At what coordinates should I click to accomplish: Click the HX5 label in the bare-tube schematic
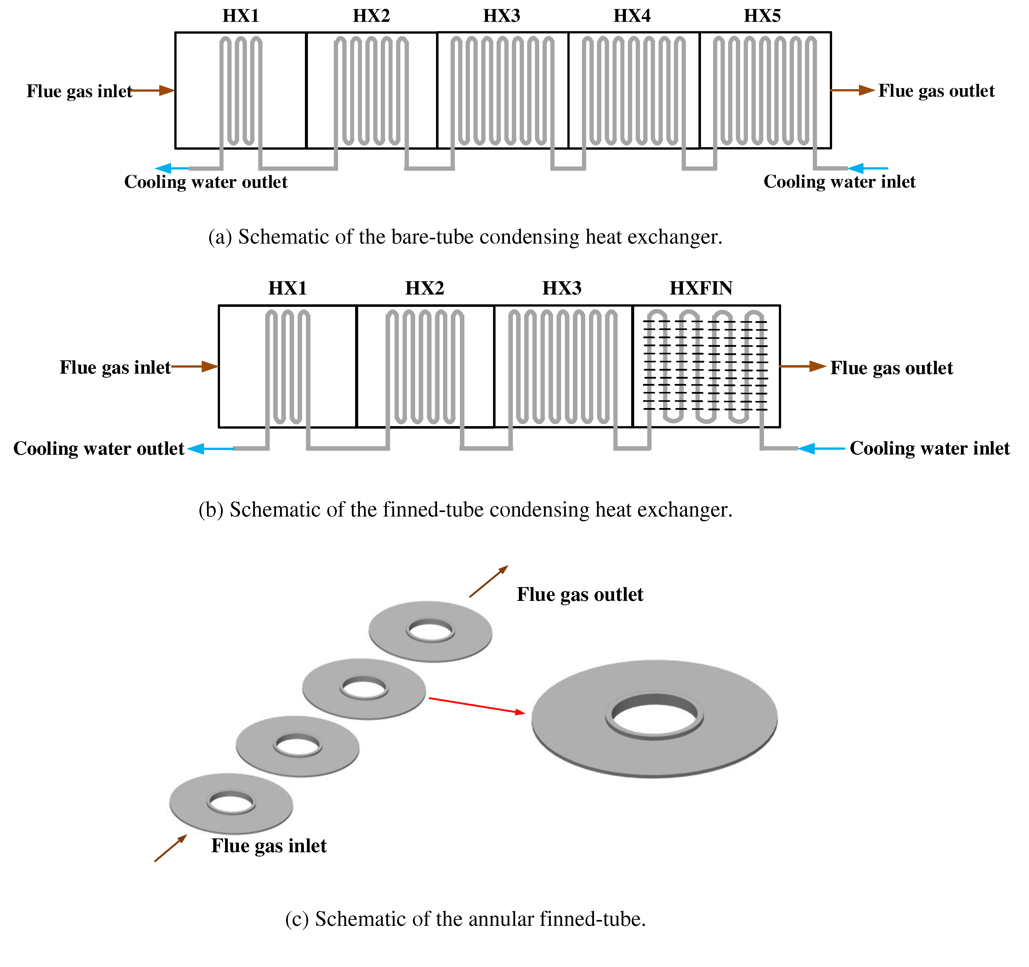click(762, 16)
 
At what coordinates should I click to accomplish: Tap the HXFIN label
click(701, 288)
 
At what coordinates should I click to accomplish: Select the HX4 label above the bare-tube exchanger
click(631, 16)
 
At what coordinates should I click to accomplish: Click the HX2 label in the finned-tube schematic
click(424, 288)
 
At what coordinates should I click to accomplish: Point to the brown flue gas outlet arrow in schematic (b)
click(802, 366)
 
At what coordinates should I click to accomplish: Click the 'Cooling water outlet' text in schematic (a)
click(205, 182)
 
